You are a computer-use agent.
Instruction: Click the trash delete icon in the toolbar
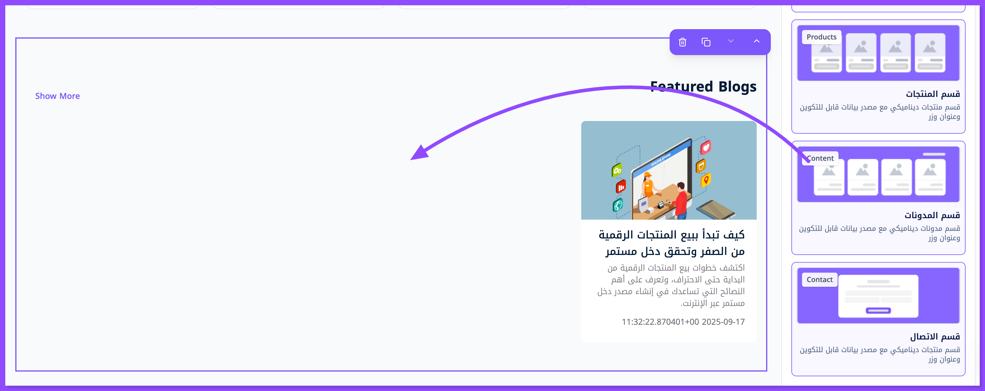683,42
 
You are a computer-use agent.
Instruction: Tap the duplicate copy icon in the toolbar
706,42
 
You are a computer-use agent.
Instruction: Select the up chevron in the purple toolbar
756,41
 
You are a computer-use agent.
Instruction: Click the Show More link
57,96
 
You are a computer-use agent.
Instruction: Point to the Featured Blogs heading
703,87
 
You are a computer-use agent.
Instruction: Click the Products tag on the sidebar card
821,37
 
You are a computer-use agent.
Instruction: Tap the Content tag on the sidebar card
820,158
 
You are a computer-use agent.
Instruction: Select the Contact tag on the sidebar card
819,280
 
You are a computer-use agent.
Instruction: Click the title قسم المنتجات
933,94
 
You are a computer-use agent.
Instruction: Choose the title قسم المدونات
932,215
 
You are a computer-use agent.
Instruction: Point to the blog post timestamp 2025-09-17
723,322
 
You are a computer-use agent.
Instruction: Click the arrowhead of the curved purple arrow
419,153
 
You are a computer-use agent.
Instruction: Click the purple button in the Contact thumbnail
878,310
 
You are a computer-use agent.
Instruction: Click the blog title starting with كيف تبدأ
671,243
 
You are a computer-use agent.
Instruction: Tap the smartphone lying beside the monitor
715,210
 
